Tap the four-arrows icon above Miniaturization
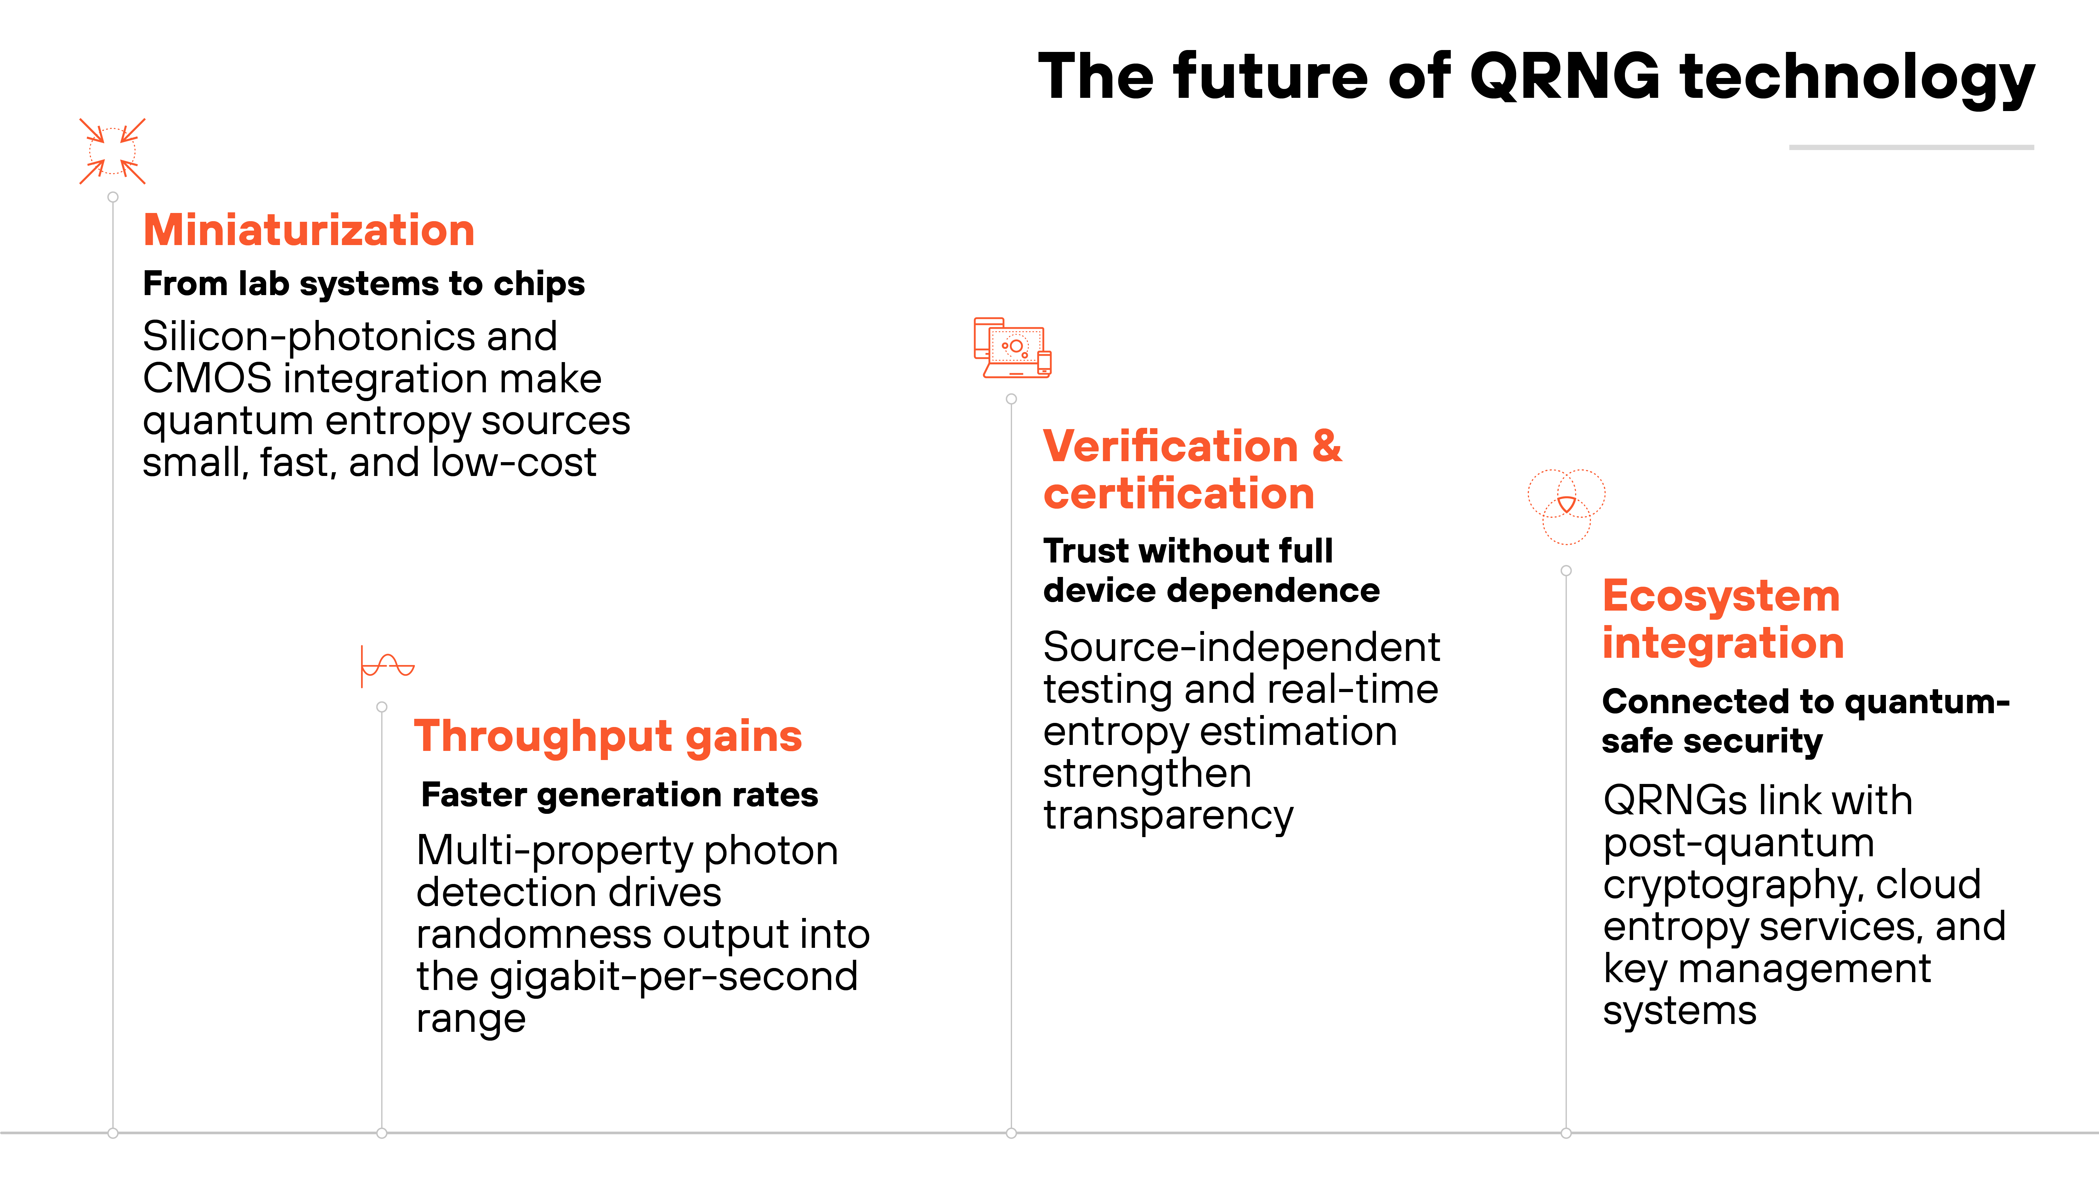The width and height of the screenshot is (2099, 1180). (x=112, y=151)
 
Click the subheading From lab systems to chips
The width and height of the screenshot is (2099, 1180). (x=363, y=283)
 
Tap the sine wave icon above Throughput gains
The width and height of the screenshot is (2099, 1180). (x=388, y=666)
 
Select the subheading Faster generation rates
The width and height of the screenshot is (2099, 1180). (x=619, y=795)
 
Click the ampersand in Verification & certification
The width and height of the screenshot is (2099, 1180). (x=1327, y=446)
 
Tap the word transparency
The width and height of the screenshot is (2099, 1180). (x=1168, y=815)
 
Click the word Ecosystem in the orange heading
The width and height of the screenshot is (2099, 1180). (x=1721, y=596)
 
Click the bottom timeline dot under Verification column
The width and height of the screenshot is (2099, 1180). (x=1011, y=1133)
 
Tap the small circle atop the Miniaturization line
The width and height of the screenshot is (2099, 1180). (x=113, y=197)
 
